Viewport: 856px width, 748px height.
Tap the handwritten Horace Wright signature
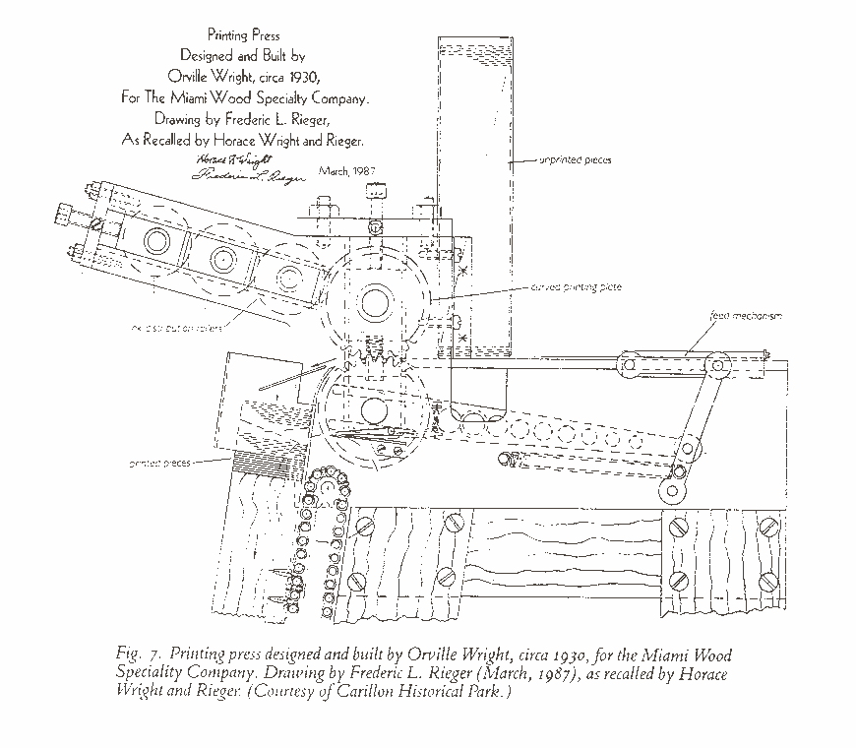pos(233,158)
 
